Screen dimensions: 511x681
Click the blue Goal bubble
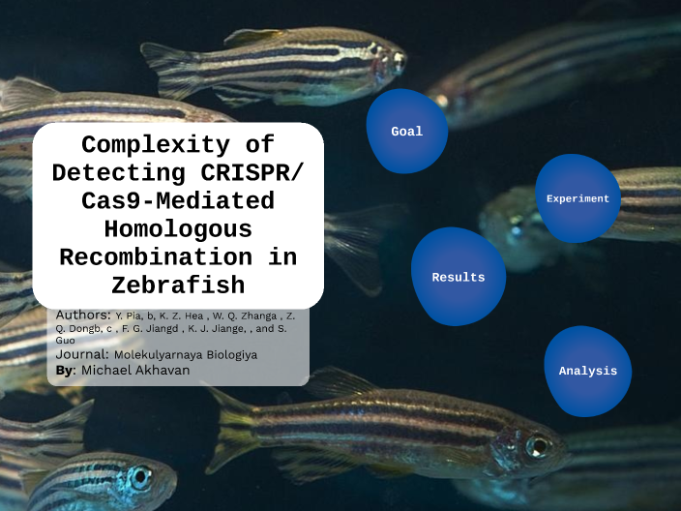[406, 131]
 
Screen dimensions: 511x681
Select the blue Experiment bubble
[577, 198]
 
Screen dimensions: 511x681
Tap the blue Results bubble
[458, 277]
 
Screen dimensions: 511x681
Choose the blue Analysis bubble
[587, 371]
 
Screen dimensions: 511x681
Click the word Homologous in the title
[178, 230]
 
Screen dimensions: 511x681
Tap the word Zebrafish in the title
[178, 286]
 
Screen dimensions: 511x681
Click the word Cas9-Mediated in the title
[178, 202]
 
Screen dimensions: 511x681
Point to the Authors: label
[83, 316]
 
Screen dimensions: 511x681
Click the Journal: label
[82, 355]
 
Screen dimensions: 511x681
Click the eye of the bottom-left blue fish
[141, 476]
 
